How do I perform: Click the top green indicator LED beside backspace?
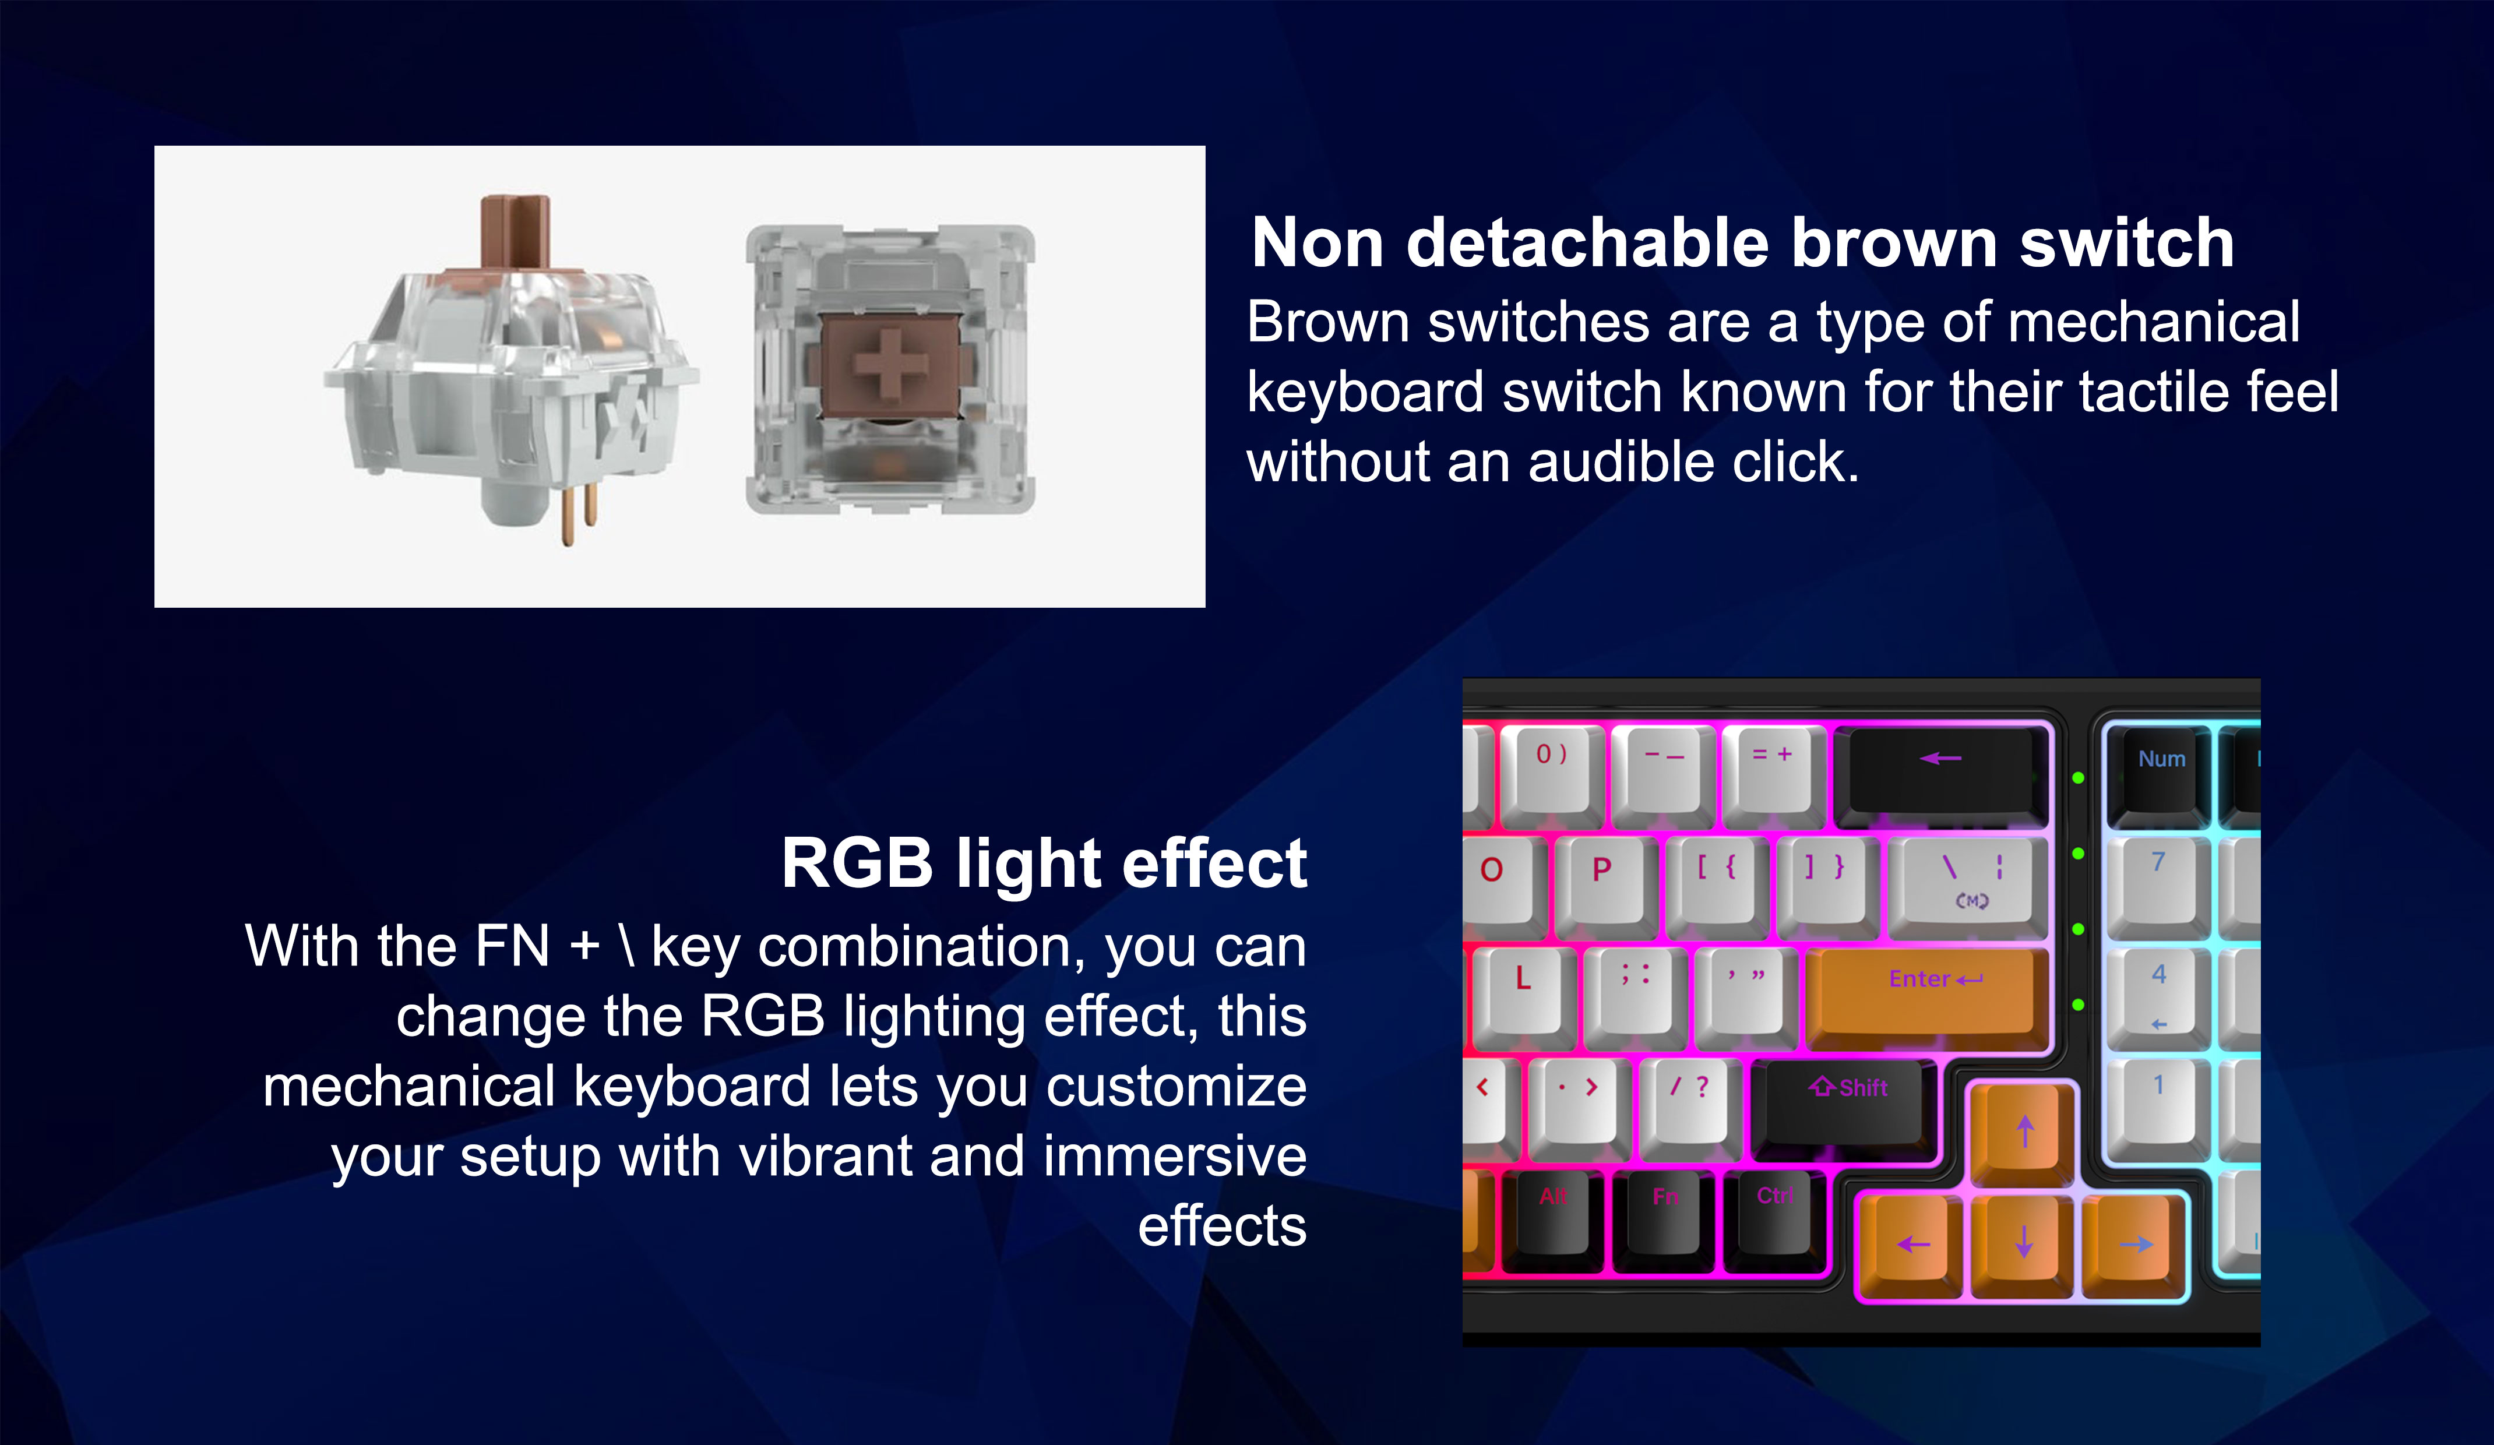tap(2079, 778)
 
